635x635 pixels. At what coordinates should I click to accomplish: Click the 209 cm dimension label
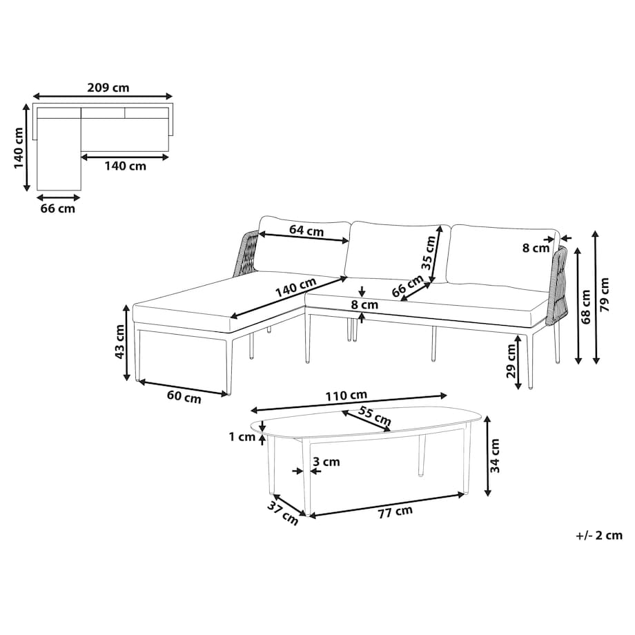[x=108, y=88]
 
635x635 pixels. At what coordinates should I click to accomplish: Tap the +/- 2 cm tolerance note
[x=599, y=535]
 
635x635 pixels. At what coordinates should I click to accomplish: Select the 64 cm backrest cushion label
[x=306, y=231]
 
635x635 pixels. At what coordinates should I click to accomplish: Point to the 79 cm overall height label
[x=604, y=295]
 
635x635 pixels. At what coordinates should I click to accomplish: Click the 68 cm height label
[x=585, y=307]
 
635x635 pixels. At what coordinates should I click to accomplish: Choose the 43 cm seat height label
[x=120, y=342]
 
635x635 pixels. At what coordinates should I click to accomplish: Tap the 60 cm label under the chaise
[x=184, y=397]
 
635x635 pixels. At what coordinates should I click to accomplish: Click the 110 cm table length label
[x=346, y=395]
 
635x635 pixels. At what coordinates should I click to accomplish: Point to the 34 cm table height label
[x=495, y=456]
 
